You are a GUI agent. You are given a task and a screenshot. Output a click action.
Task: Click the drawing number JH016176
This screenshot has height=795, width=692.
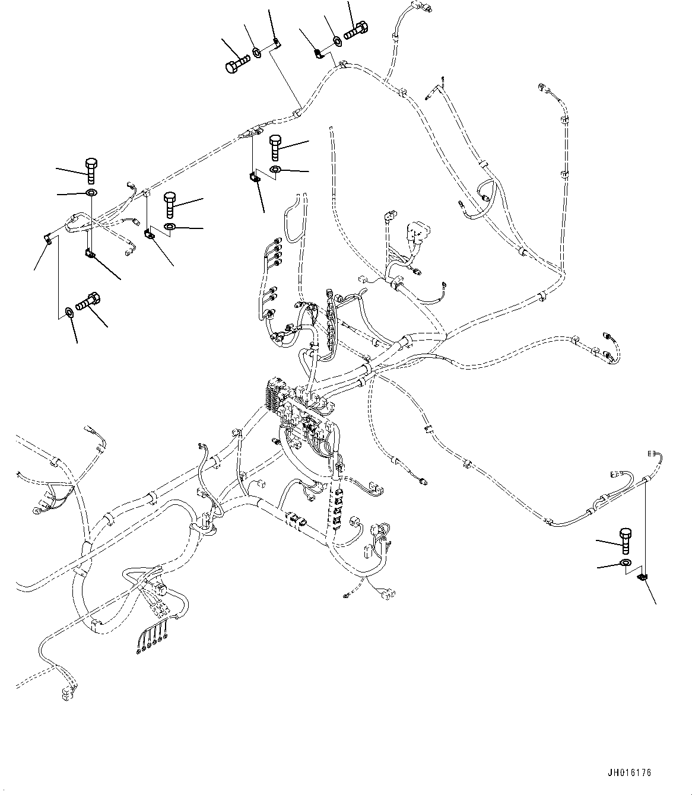pos(629,773)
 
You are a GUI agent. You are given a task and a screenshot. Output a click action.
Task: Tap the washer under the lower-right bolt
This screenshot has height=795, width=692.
pos(626,562)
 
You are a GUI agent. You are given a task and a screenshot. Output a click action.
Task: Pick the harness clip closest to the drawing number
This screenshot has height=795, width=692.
pos(642,577)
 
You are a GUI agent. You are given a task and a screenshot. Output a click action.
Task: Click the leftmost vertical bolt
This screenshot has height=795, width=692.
pos(91,171)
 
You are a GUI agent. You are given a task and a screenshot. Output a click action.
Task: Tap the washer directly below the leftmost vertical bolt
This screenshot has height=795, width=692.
pos(91,194)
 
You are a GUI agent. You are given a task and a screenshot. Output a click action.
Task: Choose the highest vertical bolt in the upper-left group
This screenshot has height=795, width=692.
pos(276,147)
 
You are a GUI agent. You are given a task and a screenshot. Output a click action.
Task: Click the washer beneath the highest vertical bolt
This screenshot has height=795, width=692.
pos(276,170)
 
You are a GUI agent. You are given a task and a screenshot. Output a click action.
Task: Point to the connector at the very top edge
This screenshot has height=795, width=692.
pos(424,8)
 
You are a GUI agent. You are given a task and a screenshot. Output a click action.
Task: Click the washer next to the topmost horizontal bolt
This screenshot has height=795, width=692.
pos(337,41)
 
